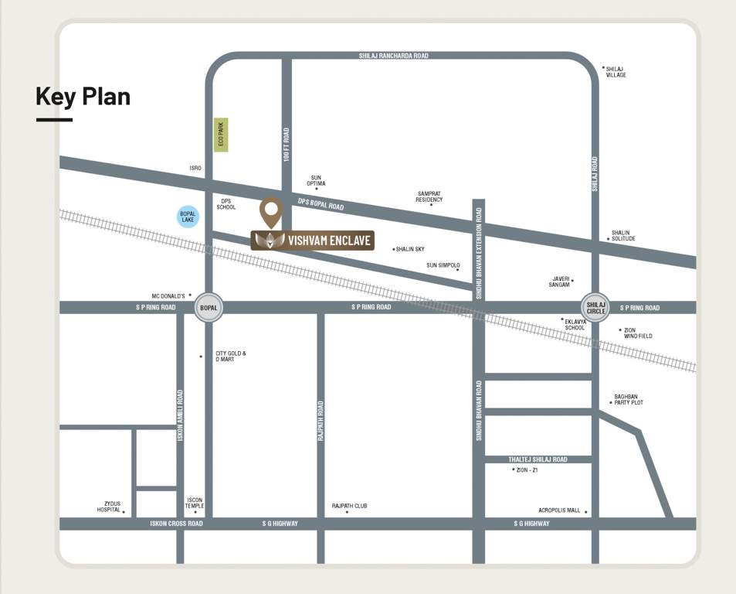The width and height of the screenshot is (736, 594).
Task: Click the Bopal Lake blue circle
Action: tap(188, 216)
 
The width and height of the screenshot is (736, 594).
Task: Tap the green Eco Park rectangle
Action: tap(222, 135)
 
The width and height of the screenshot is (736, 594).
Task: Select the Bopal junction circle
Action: tap(209, 307)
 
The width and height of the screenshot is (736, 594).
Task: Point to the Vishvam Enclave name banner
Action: tap(313, 241)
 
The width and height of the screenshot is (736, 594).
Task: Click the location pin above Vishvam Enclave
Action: tap(270, 211)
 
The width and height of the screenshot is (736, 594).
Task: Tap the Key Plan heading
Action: tap(83, 97)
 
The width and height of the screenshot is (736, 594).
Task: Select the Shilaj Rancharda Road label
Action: tap(393, 56)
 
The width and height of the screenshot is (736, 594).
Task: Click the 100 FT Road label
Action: tap(287, 145)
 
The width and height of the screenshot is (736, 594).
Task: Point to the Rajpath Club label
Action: tap(349, 506)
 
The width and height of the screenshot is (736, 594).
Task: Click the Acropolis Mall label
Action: tap(559, 510)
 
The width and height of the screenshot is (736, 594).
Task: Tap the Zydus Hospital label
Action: tap(108, 507)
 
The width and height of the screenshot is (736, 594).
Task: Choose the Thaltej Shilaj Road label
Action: tap(538, 459)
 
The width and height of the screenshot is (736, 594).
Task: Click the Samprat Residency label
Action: tap(429, 196)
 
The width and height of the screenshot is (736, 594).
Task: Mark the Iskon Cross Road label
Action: tap(176, 524)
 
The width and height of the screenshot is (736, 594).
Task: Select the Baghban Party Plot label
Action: tap(629, 399)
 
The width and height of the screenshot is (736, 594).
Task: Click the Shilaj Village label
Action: tap(616, 71)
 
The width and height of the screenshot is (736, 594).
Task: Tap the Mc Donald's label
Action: tap(168, 295)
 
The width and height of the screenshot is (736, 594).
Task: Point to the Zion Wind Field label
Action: tap(638, 333)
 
